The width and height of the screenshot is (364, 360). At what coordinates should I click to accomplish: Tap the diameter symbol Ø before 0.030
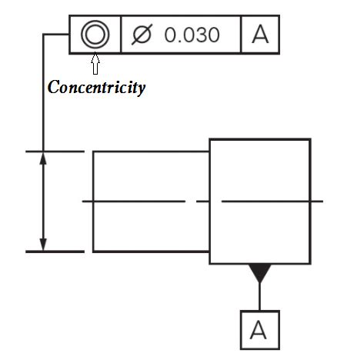tap(141, 35)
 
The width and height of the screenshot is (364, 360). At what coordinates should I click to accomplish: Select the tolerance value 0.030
tap(192, 35)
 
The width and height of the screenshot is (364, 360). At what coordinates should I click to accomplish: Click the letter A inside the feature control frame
tap(260, 35)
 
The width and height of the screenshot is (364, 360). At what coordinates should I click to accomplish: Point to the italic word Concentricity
tap(96, 87)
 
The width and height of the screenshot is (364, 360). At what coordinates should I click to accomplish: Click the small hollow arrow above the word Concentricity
tap(95, 63)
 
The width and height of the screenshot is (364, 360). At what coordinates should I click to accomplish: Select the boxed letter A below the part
tap(259, 330)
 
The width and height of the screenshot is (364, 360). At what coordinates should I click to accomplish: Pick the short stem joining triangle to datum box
tap(259, 296)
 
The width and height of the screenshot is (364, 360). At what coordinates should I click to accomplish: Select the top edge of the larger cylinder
tap(260, 139)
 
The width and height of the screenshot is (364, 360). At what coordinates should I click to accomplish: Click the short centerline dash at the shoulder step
tap(203, 202)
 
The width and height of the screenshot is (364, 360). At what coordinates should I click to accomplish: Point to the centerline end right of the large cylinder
tap(319, 202)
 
